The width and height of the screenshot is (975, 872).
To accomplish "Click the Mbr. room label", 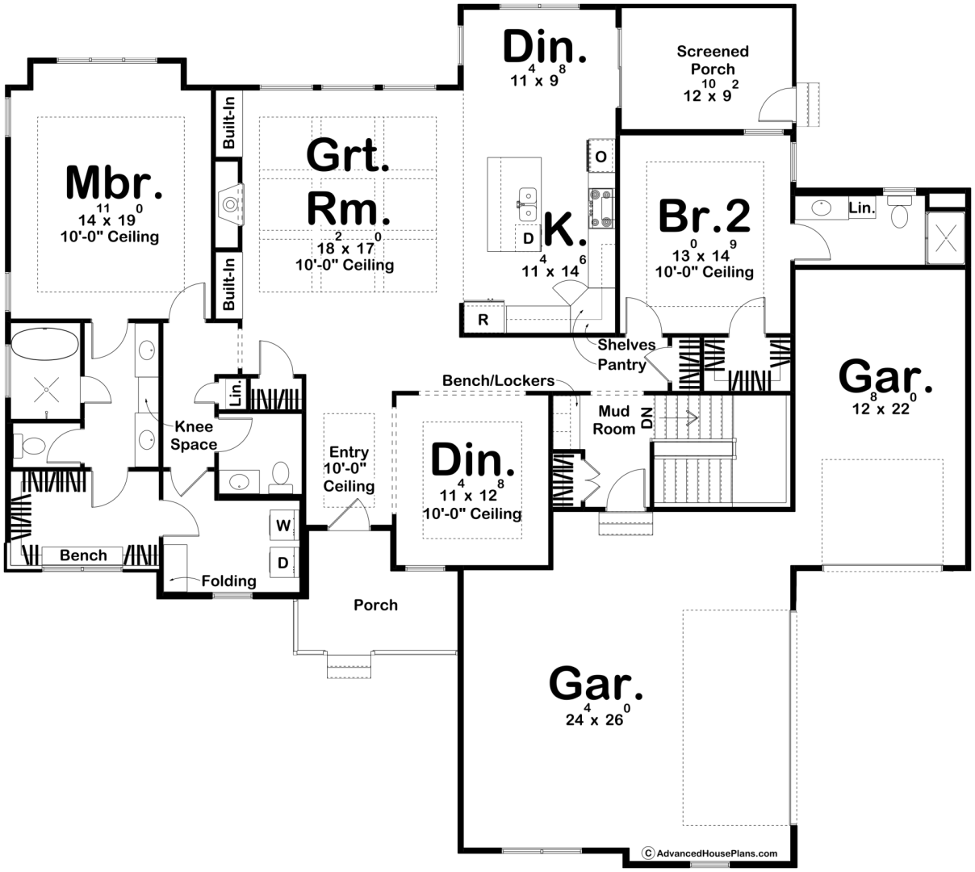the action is (114, 182).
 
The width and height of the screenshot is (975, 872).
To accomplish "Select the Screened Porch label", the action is (713, 61).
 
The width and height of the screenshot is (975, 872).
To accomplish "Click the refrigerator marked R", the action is (483, 318).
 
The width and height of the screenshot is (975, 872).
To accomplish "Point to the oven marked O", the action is (600, 156).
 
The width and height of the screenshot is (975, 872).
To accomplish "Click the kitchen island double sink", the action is (528, 205).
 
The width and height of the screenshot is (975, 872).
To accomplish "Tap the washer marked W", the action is (283, 525).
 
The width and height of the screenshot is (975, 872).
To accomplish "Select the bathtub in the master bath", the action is (44, 344).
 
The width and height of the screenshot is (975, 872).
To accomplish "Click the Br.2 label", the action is (704, 216).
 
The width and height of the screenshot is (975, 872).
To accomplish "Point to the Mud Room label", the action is (614, 420).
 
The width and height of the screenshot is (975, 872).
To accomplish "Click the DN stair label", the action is (647, 418).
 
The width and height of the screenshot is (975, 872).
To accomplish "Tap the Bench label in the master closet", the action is (83, 555).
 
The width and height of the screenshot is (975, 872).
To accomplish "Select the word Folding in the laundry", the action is (228, 581).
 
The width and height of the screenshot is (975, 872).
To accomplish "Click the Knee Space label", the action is (194, 435).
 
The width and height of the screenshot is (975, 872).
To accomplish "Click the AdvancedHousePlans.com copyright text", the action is (710, 853).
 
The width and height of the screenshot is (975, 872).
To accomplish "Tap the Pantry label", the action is (621, 364).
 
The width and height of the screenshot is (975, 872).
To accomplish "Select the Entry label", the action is (349, 452).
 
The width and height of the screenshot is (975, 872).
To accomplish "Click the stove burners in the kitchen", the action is (601, 208).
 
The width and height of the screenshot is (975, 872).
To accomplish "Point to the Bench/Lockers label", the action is (499, 380).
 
